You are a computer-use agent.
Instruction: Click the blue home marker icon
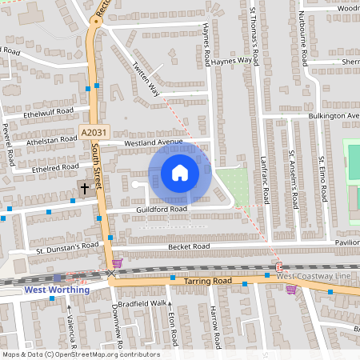click(180, 173)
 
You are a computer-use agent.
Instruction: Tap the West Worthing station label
click(57, 290)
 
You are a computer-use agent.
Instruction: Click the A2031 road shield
click(93, 133)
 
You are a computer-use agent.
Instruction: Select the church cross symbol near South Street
click(82, 188)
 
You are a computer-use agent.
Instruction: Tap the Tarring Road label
click(206, 282)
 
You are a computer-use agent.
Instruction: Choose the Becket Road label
click(188, 247)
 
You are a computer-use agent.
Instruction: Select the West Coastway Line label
click(315, 276)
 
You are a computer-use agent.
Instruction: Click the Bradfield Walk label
click(146, 303)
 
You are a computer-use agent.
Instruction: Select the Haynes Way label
click(234, 58)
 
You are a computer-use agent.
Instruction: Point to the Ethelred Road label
click(52, 170)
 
